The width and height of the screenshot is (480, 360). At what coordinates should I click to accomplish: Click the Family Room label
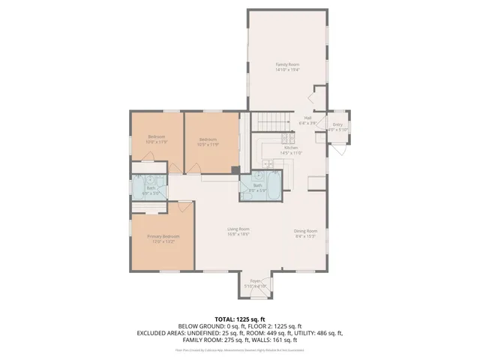(287, 65)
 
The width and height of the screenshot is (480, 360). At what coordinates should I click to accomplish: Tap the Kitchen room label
(290, 148)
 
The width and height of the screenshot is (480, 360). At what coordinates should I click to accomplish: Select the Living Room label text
(238, 229)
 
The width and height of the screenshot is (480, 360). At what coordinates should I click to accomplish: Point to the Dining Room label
(305, 231)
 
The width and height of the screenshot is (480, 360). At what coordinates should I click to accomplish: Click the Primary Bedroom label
(163, 236)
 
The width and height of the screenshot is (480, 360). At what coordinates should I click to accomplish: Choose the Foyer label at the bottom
(256, 281)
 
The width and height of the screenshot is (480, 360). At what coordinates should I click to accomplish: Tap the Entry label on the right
(337, 124)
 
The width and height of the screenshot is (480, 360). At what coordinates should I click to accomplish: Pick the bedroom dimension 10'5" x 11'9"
(208, 144)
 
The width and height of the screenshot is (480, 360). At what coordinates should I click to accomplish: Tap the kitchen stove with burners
(288, 138)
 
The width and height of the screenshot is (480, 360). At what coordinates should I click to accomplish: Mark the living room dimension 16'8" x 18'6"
(238, 234)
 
